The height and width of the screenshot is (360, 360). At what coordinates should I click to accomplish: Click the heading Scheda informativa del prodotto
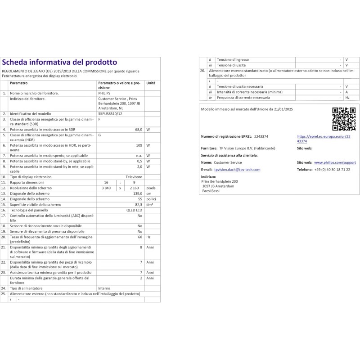(59, 62)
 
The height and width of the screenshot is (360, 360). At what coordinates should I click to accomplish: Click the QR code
(343, 118)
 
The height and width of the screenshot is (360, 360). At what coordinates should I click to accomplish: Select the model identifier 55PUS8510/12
(110, 114)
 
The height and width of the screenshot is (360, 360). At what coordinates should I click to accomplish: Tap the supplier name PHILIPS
(103, 93)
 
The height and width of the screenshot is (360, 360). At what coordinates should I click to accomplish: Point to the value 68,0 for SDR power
(139, 130)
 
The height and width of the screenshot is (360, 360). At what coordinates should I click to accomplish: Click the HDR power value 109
(139, 145)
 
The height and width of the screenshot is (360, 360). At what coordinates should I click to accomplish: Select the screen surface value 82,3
(139, 204)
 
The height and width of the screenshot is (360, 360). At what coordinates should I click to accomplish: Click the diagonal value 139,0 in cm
(138, 193)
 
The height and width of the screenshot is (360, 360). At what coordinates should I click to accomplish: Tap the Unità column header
(151, 83)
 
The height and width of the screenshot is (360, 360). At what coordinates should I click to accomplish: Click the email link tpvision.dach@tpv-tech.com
(237, 170)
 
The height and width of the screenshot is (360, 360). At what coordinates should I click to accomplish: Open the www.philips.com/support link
(335, 162)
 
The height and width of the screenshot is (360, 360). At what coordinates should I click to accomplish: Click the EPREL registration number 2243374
(261, 136)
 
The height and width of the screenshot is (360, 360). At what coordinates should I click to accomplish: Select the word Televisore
(134, 177)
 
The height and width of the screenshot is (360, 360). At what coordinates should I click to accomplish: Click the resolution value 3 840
(106, 188)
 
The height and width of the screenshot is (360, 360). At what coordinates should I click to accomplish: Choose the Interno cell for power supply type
(104, 288)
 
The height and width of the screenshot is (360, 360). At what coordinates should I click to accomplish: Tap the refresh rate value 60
(140, 237)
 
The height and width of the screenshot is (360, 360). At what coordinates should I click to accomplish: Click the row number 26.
(202, 71)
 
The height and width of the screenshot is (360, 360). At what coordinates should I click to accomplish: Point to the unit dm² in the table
(149, 205)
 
